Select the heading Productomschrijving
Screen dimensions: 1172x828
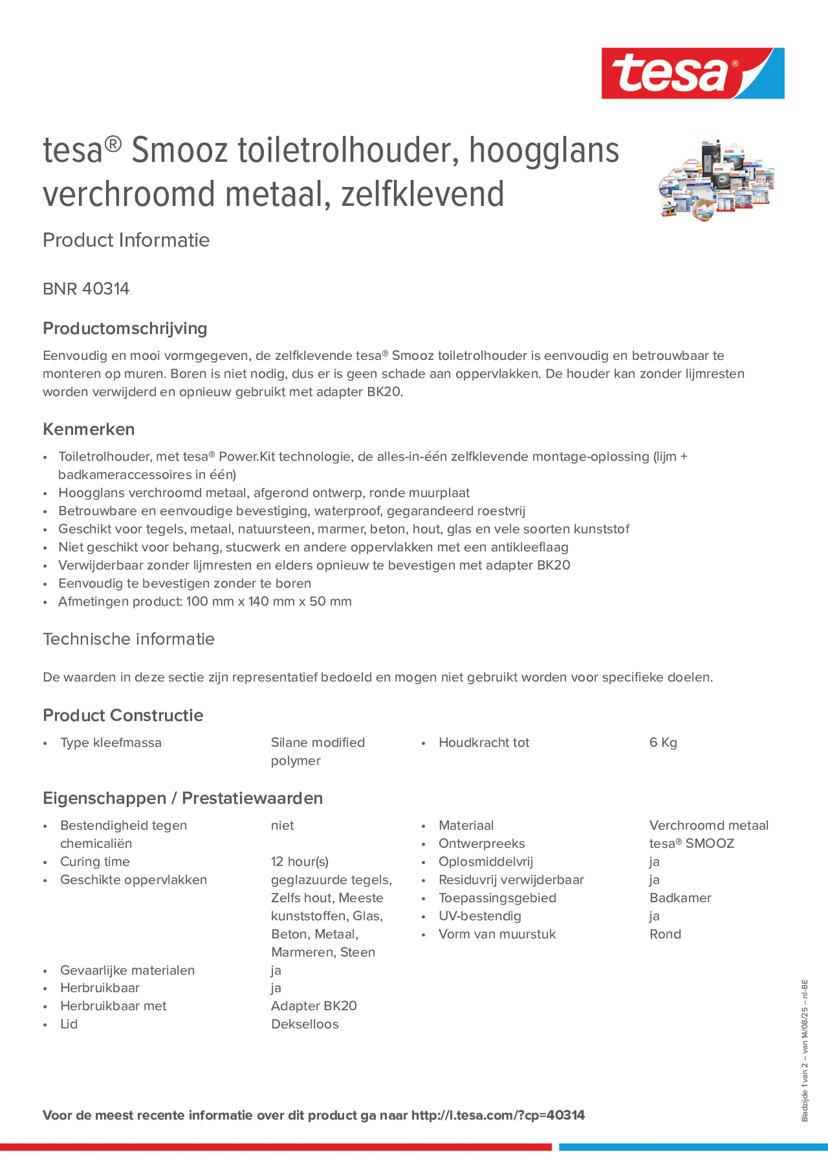tap(125, 328)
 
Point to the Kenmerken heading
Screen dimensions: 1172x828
tap(89, 429)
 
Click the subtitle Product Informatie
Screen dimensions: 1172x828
tap(126, 240)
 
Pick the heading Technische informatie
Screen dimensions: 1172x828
tap(129, 638)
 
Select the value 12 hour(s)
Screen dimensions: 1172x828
tap(300, 862)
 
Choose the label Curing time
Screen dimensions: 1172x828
tap(95, 862)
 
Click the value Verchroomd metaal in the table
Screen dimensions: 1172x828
tap(709, 825)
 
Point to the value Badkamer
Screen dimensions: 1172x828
tap(680, 898)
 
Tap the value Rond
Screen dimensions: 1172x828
tap(665, 934)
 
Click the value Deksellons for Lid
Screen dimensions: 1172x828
tap(305, 1024)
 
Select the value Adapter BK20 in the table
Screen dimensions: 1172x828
tap(313, 1006)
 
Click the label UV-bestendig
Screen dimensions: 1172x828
tap(480, 916)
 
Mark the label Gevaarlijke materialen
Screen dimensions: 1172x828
tap(127, 970)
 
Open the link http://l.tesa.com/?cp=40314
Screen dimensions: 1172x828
tap(498, 1115)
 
